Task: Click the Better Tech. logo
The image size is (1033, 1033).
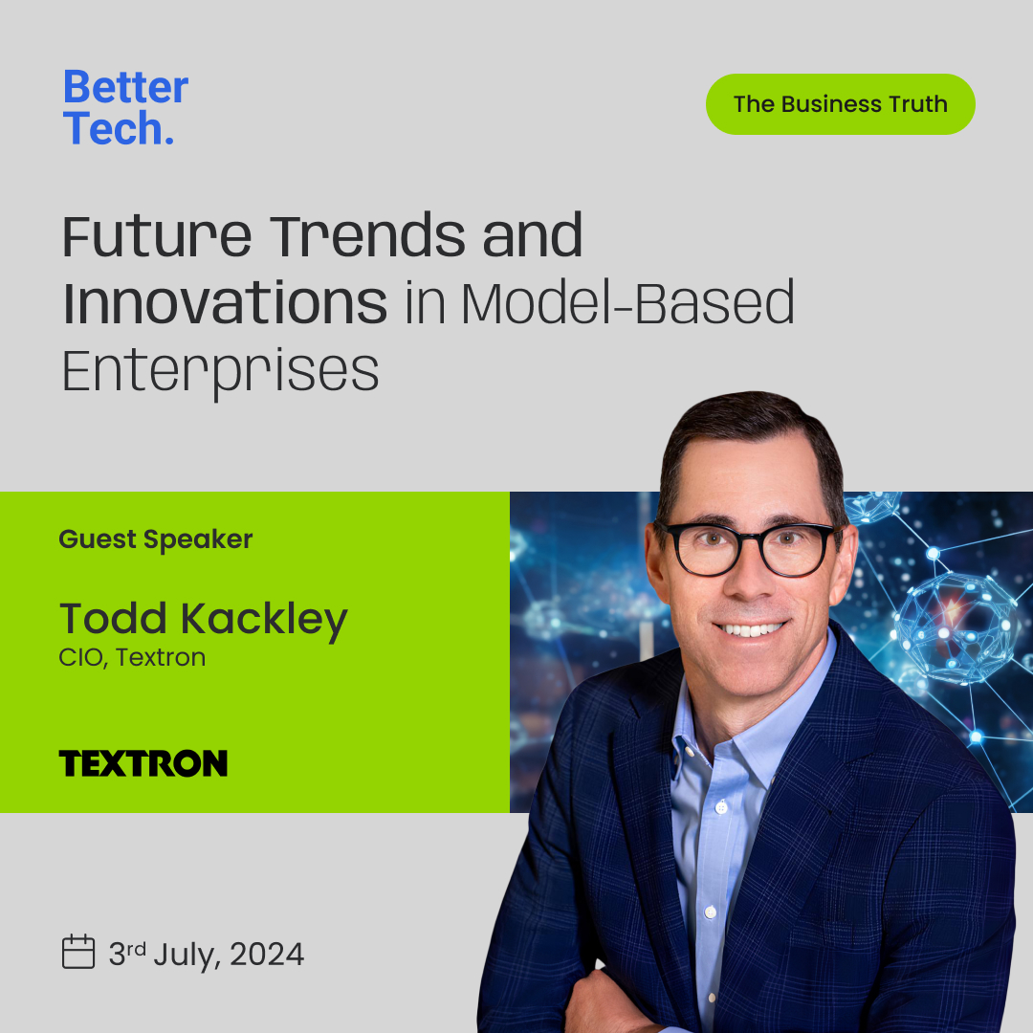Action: (x=125, y=107)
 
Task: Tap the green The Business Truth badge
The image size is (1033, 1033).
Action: (x=840, y=104)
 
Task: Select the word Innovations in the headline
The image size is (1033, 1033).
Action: (x=225, y=302)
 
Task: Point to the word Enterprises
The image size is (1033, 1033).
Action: (x=220, y=371)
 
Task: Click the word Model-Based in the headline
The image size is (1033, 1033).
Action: (x=627, y=302)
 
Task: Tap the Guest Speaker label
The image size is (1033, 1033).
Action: (x=156, y=539)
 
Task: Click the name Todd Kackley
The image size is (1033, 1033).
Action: (x=203, y=619)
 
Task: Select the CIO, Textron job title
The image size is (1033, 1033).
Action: (x=132, y=658)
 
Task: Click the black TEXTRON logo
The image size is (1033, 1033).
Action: (x=143, y=763)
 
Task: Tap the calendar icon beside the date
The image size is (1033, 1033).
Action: (x=78, y=952)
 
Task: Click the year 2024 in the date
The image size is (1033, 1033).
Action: (x=267, y=955)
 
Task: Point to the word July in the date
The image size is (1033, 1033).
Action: (x=189, y=955)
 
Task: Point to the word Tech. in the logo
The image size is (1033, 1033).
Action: (x=119, y=128)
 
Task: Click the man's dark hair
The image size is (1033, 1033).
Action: (x=746, y=435)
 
